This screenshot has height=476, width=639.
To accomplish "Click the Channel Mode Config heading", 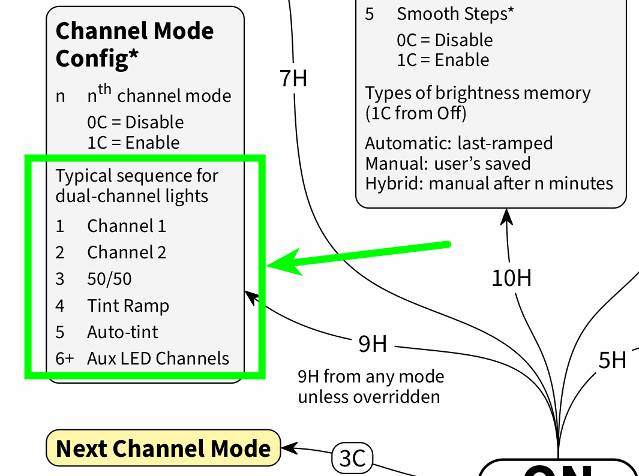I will (x=134, y=44).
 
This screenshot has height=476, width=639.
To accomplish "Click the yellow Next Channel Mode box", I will (x=163, y=448).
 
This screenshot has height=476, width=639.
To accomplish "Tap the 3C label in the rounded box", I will (x=352, y=459).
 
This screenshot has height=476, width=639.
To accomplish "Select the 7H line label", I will (x=293, y=79).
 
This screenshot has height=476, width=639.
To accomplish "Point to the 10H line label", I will (x=511, y=278).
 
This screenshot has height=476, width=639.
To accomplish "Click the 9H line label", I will (x=373, y=345).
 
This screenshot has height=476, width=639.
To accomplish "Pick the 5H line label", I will (x=612, y=360).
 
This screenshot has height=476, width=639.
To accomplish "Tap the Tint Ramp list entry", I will (x=128, y=306).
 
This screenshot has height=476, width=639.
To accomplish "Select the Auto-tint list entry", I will (x=122, y=332).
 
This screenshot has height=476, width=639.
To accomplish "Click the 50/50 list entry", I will (x=109, y=279).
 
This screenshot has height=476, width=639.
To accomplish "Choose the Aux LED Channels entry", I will (x=158, y=358).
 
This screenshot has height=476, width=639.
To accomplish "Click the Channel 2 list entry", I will (x=127, y=252).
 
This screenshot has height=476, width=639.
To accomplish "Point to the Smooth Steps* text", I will (x=455, y=14).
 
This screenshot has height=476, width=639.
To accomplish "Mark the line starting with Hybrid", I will (x=489, y=183).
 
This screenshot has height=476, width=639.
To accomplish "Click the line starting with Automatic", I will (x=459, y=144).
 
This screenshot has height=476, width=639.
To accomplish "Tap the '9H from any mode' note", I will (x=371, y=377).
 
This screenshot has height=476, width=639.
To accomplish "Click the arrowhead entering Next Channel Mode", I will (x=288, y=447).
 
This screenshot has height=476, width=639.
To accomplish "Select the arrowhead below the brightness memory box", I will (x=507, y=216).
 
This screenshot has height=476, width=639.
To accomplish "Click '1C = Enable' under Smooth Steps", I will (x=443, y=60).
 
